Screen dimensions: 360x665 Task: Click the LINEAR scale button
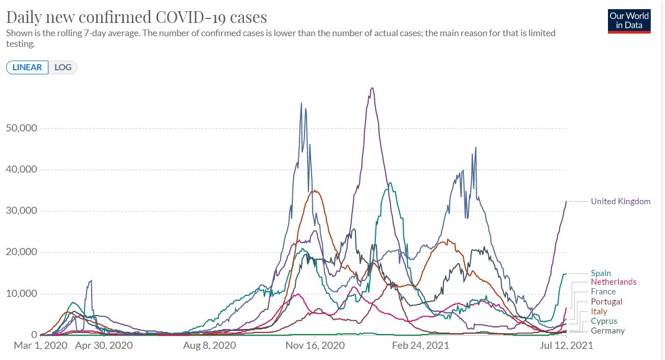(27, 67)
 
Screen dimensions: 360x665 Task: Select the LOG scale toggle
(63, 67)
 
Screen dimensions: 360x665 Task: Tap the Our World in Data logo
(629, 21)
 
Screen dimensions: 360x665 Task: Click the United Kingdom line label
(620, 201)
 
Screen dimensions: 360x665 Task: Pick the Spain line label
(601, 273)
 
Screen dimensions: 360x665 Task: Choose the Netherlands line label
(614, 282)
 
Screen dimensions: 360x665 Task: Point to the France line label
(603, 292)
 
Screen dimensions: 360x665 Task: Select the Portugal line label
(606, 301)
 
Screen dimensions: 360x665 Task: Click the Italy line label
(599, 311)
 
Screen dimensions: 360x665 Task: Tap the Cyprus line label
(604, 321)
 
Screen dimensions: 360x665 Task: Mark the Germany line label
(607, 331)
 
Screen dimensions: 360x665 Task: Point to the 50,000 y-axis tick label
(21, 128)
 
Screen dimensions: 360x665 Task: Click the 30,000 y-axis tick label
(21, 211)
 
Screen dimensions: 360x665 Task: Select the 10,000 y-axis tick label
(21, 294)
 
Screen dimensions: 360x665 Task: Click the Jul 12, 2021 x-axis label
(566, 346)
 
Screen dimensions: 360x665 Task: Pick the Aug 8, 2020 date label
(210, 346)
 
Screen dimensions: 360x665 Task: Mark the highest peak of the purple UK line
(373, 88)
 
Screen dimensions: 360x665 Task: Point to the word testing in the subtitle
(20, 44)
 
